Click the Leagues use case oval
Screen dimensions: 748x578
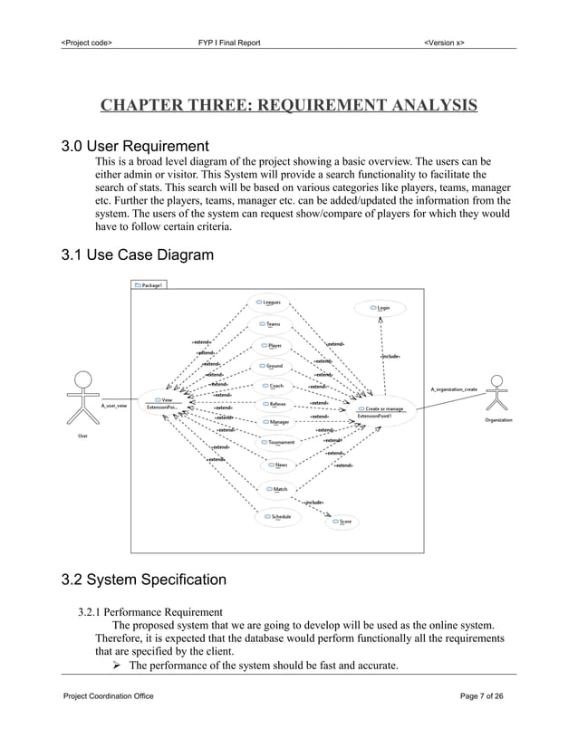click(269, 302)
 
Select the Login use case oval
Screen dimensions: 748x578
click(380, 309)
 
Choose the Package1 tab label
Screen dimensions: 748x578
click(149, 284)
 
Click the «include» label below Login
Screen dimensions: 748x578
click(390, 357)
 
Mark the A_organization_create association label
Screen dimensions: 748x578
click(454, 388)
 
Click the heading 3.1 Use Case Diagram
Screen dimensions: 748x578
click(137, 255)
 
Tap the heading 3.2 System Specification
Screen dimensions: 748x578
click(143, 580)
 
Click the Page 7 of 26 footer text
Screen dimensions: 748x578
click(482, 695)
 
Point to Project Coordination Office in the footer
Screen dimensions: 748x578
click(108, 695)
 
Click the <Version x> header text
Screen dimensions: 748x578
click(444, 43)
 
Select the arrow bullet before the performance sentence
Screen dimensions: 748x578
click(117, 666)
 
